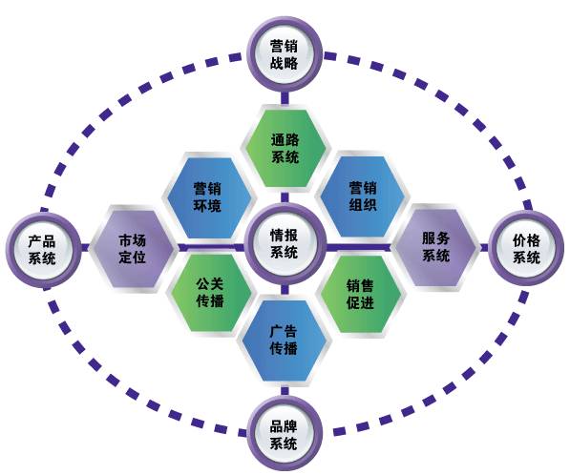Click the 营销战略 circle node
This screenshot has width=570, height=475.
point(285,54)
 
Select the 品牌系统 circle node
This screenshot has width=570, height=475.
point(285,434)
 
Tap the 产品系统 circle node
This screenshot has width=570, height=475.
point(43,250)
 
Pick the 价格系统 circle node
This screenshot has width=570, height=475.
point(526,248)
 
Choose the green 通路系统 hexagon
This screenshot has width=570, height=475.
point(285,148)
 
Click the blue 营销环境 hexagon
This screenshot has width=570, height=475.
point(208,196)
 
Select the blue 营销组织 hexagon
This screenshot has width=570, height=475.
point(363,196)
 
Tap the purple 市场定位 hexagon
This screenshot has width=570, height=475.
point(133,249)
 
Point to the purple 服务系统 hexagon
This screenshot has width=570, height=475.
point(435,247)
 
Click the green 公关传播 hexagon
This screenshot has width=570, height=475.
point(210,293)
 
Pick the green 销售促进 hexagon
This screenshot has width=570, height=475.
point(361,295)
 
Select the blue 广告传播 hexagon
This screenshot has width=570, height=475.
point(285,341)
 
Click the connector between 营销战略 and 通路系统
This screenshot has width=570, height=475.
point(285,99)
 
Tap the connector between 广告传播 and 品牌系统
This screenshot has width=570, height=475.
point(285,391)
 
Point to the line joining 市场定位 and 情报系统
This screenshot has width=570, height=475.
point(211,247)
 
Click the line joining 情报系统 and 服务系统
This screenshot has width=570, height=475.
point(359,247)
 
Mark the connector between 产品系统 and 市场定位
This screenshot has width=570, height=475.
point(85,248)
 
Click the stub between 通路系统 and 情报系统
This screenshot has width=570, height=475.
point(285,196)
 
